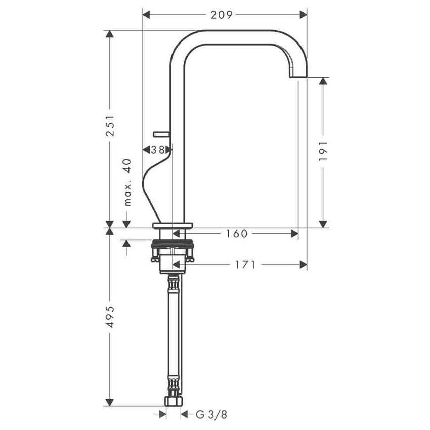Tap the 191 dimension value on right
click(324, 151)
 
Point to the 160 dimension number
click(237, 233)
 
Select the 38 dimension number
click(157, 150)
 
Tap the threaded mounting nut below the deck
click(173, 249)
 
